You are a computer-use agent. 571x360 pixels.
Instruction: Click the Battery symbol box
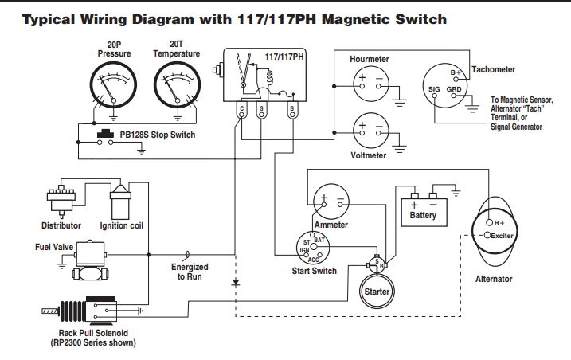pyautogui.click(x=423, y=209)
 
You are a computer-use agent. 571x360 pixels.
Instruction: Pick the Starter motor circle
pyautogui.click(x=376, y=290)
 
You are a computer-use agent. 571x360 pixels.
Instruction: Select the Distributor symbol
pyautogui.click(x=61, y=198)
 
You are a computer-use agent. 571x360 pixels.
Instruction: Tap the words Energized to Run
pyautogui.click(x=189, y=272)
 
